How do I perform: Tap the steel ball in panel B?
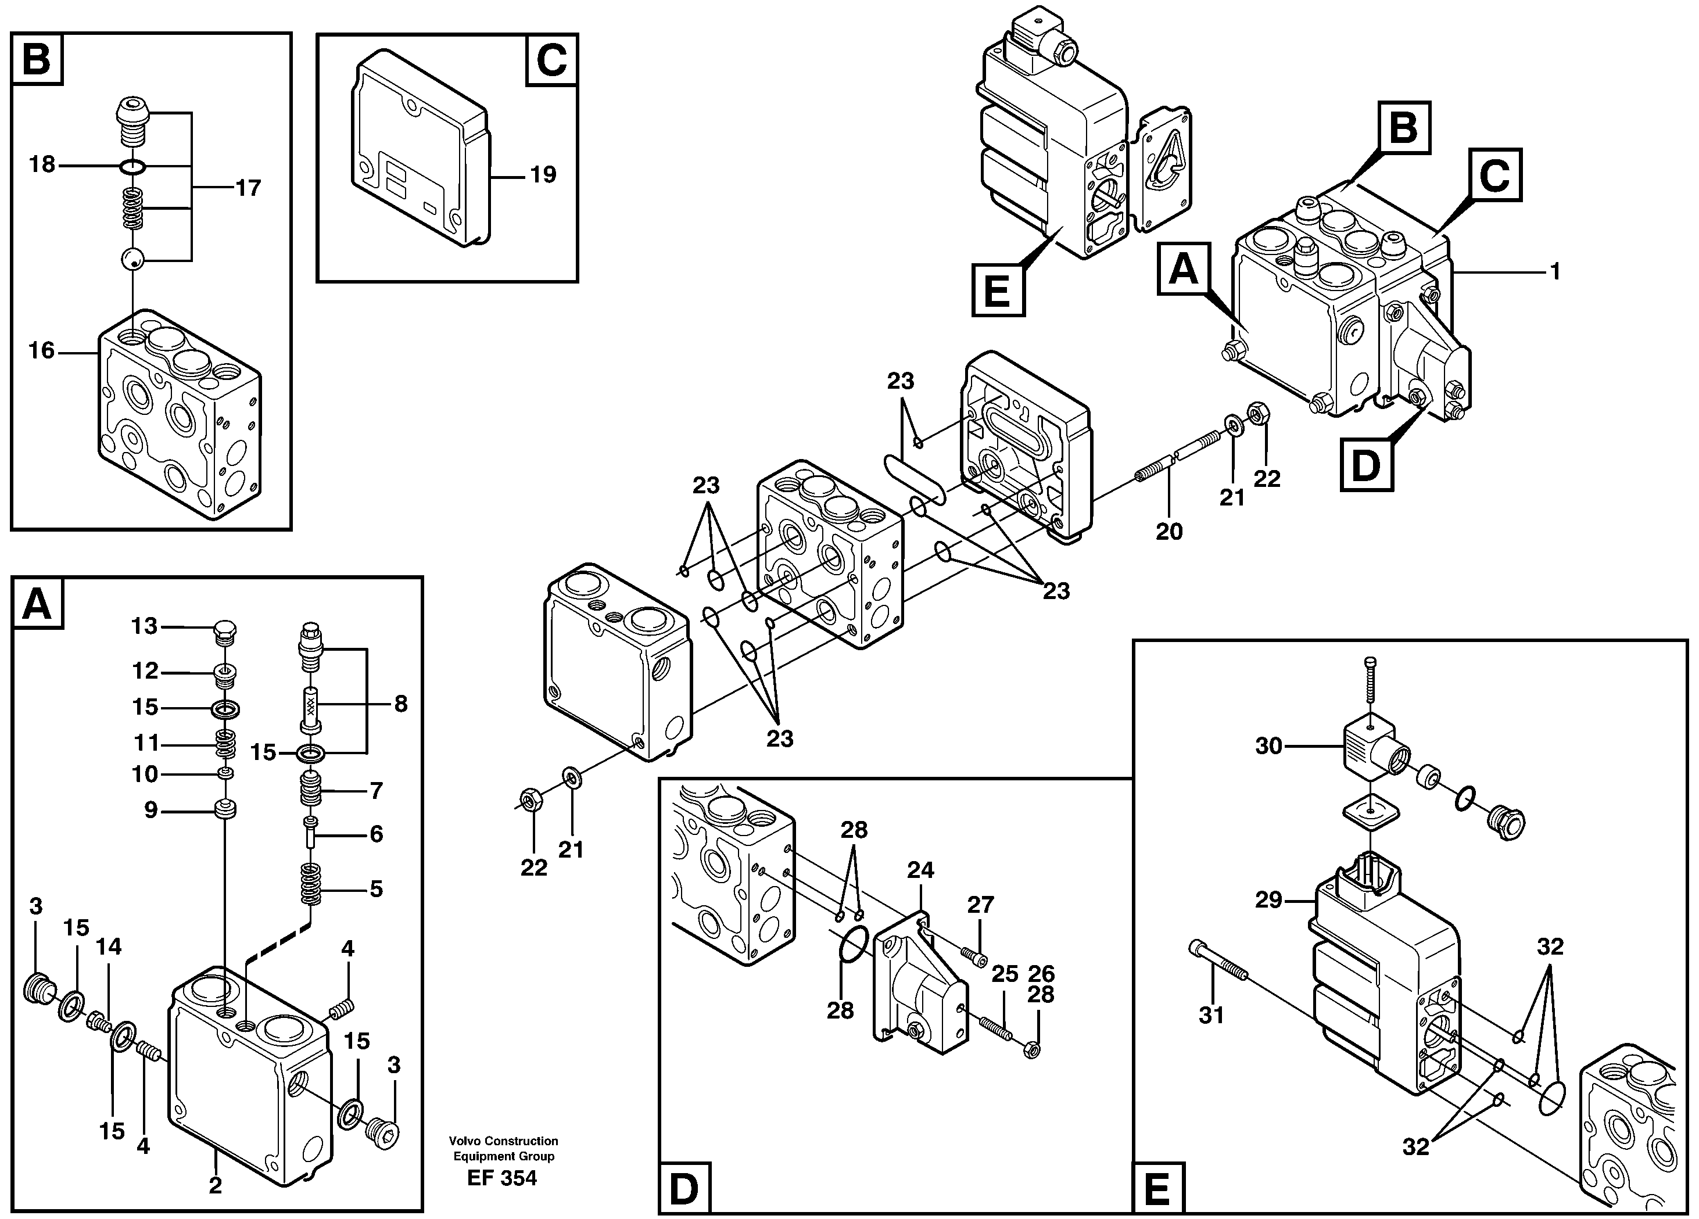tap(132, 260)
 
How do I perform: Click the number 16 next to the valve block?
tap(42, 350)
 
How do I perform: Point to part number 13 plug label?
tap(145, 626)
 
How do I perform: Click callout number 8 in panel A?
tap(401, 704)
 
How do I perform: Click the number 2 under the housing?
tap(215, 1185)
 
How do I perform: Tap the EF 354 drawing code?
tap(502, 1178)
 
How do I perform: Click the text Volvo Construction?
tap(503, 1141)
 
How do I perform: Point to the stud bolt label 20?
tap(1168, 531)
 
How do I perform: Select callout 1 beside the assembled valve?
tap(1555, 271)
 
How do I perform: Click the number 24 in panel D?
tap(920, 870)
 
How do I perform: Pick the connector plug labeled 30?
tap(1269, 745)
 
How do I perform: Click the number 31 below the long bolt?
tap(1211, 1015)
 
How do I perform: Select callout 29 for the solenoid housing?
tap(1269, 900)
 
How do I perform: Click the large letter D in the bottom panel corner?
tap(684, 1191)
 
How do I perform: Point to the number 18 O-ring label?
tap(42, 164)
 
